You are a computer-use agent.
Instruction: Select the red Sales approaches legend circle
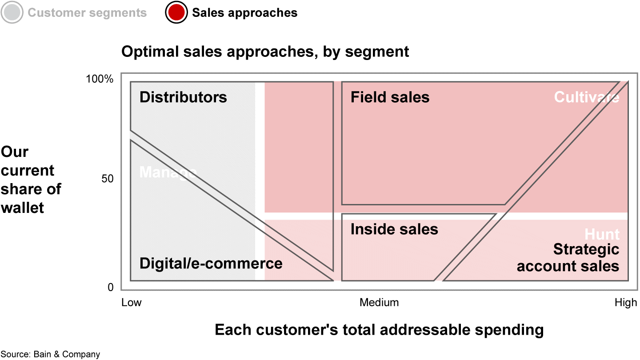[x=176, y=12]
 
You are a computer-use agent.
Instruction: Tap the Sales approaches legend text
[x=244, y=12]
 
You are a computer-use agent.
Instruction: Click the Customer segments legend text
[x=87, y=12]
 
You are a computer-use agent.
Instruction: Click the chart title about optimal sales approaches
[x=265, y=52]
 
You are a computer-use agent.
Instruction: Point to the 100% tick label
[x=100, y=79]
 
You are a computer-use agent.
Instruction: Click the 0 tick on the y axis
[x=110, y=288]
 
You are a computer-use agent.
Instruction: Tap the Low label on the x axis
[x=132, y=303]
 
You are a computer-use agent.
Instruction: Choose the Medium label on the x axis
[x=379, y=303]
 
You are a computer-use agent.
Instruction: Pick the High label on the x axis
[x=626, y=303]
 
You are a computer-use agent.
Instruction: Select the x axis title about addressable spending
[x=379, y=330]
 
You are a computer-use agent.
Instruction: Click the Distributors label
[x=183, y=97]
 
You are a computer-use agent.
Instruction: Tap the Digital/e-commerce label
[x=211, y=263]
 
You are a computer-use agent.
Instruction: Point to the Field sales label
[x=390, y=97]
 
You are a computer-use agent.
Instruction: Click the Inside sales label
[x=394, y=229]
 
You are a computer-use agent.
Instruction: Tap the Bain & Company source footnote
[x=50, y=354]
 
